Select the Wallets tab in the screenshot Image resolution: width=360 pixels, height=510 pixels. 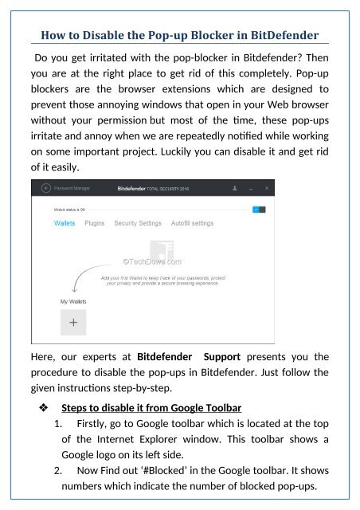tap(65, 224)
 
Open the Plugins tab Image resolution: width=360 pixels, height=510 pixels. tap(95, 224)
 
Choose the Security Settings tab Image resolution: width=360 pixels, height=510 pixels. tap(138, 224)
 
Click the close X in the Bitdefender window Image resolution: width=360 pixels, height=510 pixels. tap(267, 189)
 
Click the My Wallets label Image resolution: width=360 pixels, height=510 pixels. tap(74, 302)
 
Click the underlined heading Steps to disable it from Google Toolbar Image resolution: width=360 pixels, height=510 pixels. tap(151, 409)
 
